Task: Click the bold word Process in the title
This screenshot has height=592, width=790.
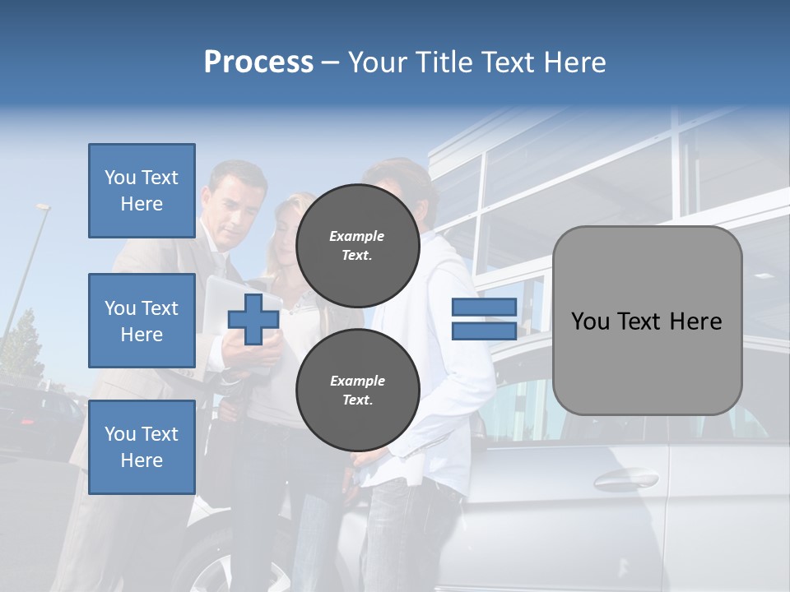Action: point(258,62)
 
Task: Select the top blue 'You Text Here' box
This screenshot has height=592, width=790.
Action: point(142,191)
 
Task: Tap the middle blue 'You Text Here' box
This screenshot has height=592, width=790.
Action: point(142,321)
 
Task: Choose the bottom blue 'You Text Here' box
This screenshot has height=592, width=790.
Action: point(142,446)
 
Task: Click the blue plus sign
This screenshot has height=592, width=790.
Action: point(253,320)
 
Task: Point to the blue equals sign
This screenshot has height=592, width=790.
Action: point(484,319)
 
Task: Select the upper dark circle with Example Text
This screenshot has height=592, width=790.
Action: point(357,245)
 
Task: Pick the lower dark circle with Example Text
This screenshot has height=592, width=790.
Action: point(357,390)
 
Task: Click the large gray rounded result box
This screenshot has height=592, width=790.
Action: point(647,321)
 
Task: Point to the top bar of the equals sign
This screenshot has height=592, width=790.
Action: point(484,308)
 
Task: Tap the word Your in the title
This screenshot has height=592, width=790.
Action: point(379,62)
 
